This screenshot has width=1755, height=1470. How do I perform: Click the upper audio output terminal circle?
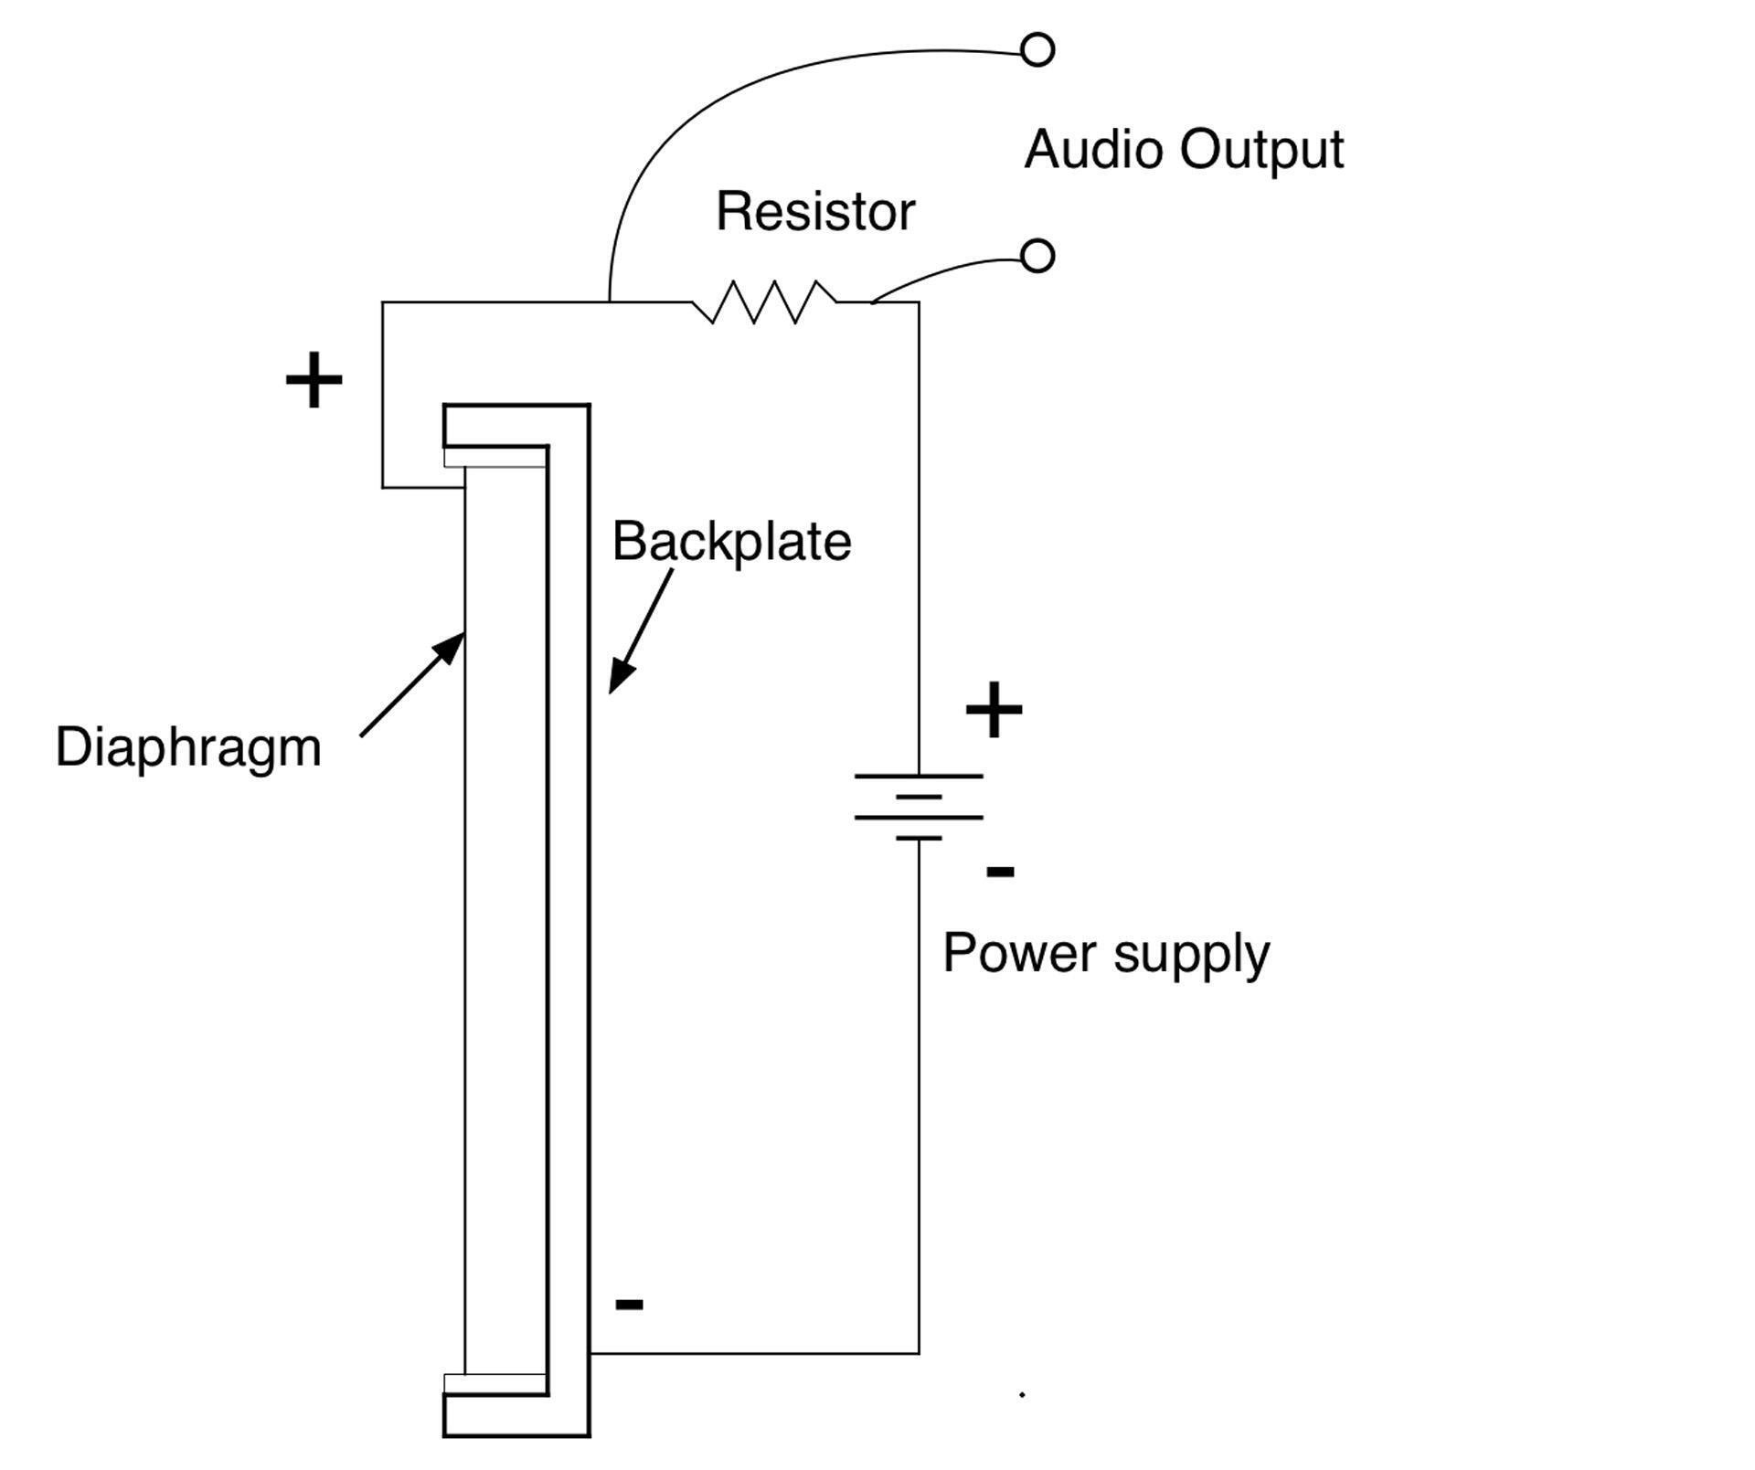1037,49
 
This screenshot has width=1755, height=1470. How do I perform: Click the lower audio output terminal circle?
1037,256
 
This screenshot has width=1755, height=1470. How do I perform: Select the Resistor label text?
814,212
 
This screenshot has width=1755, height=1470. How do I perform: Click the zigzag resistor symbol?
764,301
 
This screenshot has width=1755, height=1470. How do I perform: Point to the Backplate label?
731,542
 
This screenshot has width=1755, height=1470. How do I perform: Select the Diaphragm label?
188,748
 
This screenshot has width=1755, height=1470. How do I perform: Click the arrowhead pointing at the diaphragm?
452,648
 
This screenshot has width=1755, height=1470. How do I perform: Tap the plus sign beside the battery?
994,710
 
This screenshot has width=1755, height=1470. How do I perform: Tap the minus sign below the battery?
1000,872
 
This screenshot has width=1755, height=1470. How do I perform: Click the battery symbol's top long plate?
919,776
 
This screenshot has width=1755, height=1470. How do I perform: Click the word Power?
1019,954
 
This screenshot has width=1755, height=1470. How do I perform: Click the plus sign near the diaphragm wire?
314,380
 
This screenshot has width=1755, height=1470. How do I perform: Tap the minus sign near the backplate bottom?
629,1305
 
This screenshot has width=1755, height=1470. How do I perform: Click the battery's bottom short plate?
919,838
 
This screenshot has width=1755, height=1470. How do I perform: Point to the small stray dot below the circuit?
1022,1395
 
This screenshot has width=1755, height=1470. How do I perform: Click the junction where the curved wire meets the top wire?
610,301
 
